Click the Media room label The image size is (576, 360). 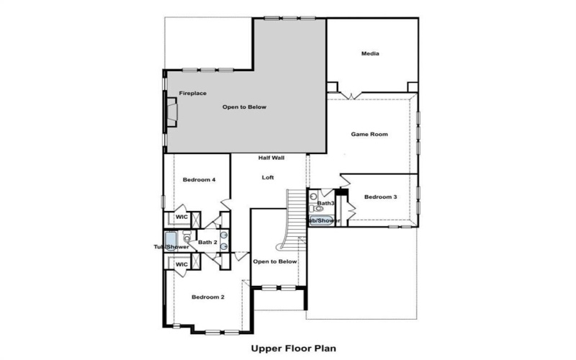(x=370, y=54)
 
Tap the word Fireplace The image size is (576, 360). (x=193, y=94)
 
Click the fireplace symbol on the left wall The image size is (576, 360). (x=171, y=112)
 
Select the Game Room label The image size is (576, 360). (x=369, y=135)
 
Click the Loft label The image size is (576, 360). (x=267, y=177)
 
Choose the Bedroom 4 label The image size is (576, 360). (x=199, y=179)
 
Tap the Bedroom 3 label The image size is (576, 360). (x=380, y=197)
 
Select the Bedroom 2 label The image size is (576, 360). (x=208, y=297)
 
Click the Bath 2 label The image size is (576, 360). (x=208, y=242)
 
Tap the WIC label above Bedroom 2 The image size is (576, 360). (x=181, y=264)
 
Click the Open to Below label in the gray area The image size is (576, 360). (x=244, y=107)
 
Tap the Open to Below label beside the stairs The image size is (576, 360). (x=274, y=261)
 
